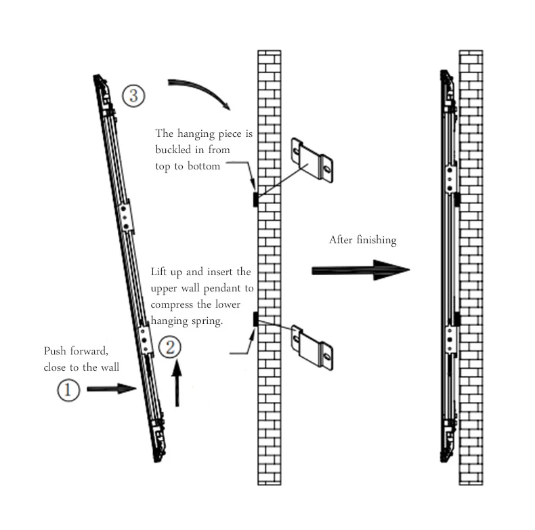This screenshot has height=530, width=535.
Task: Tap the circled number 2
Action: [x=171, y=348]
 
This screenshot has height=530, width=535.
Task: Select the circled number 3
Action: [x=133, y=95]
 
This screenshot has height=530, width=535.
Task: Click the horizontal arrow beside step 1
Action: [x=112, y=389]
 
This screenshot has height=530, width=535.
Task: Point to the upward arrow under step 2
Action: [x=177, y=384]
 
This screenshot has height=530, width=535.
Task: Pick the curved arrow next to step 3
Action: [x=200, y=92]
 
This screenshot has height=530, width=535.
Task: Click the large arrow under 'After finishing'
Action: [x=360, y=270]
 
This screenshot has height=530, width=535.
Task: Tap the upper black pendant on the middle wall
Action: [x=255, y=199]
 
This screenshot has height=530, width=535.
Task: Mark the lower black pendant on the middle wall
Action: [x=255, y=319]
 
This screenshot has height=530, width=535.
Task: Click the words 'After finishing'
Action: [x=362, y=240]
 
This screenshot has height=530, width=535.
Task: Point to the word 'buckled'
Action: [x=173, y=150]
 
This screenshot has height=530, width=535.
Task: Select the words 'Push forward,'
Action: [x=76, y=351]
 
